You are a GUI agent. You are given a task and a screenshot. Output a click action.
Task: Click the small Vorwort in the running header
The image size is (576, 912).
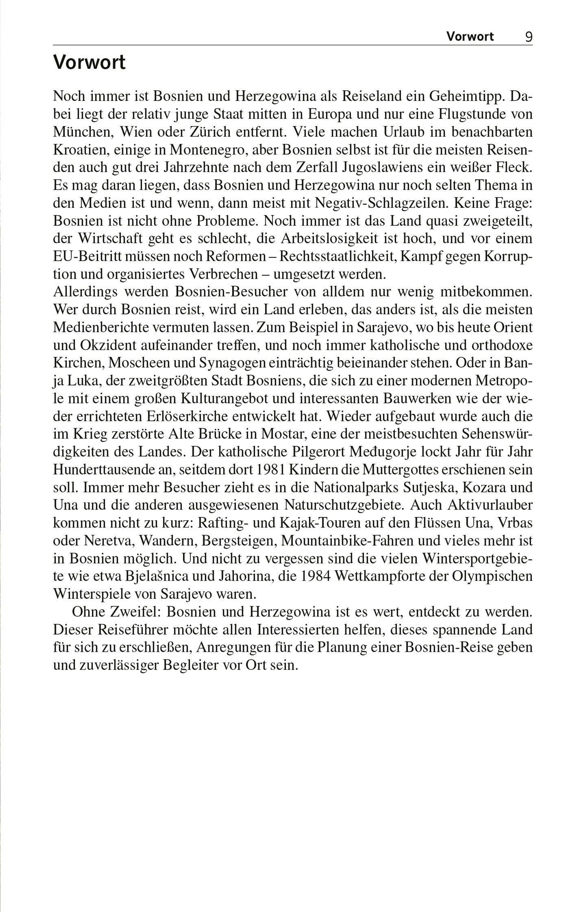pos(470,37)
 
